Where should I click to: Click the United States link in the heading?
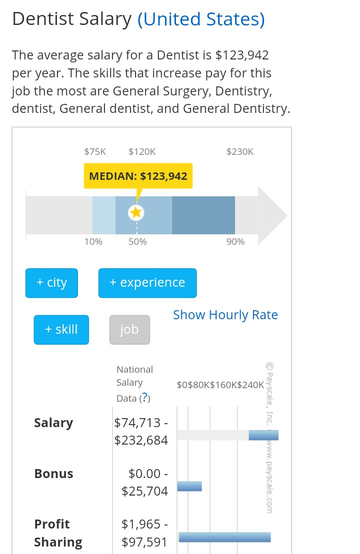point(201,19)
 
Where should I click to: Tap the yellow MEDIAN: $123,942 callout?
point(138,176)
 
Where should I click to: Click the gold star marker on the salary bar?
point(136,213)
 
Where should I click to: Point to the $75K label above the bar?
point(95,151)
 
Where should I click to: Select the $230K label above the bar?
point(240,151)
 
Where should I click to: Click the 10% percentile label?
point(93,242)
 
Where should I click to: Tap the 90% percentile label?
point(235,242)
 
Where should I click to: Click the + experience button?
point(147,283)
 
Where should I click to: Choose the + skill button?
point(61,330)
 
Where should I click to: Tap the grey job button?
point(129,330)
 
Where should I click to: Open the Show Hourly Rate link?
point(225,315)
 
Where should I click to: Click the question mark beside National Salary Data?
point(144,398)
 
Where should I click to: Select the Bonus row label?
point(53,474)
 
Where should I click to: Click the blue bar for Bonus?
point(189,486)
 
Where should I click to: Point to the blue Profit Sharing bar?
point(224,537)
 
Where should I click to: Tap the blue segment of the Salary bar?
point(263,435)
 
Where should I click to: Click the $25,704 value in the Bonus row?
point(145,491)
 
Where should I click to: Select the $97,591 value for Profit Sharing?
point(145,542)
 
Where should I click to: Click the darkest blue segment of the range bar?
point(203,215)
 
